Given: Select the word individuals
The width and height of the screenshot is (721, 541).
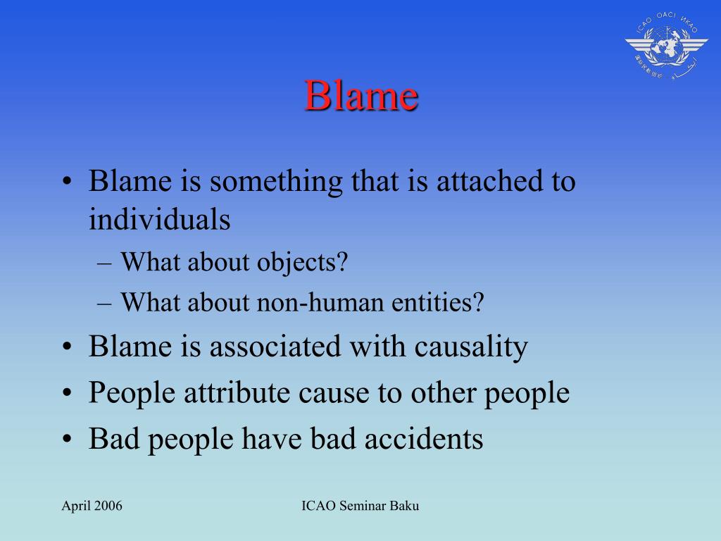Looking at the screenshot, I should [159, 219].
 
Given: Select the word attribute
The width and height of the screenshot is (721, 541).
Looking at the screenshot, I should [230, 392].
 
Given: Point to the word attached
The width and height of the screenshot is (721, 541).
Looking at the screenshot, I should [489, 181].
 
